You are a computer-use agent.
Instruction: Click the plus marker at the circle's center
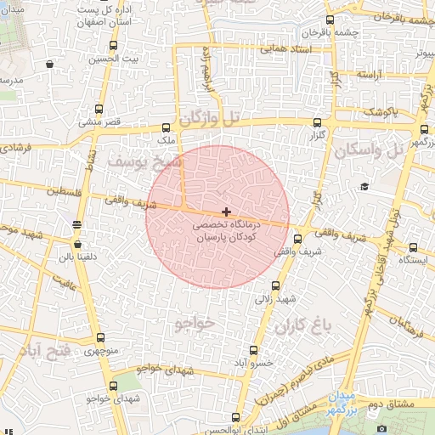pyautogui.click(x=225, y=211)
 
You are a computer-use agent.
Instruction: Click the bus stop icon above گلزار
pyautogui.click(x=318, y=122)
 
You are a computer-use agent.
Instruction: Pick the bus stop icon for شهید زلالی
pyautogui.click(x=274, y=286)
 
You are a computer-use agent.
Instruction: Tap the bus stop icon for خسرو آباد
pyautogui.click(x=253, y=350)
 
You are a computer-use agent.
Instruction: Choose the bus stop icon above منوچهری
pyautogui.click(x=99, y=338)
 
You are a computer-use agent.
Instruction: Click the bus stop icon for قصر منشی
pyautogui.click(x=99, y=109)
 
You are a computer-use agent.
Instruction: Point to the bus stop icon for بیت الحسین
pyautogui.click(x=113, y=46)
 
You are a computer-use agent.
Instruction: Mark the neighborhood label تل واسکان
pyautogui.click(x=366, y=151)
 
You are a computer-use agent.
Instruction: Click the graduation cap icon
pyautogui.click(x=364, y=186)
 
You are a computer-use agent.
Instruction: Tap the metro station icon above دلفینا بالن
pyautogui.click(x=77, y=224)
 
